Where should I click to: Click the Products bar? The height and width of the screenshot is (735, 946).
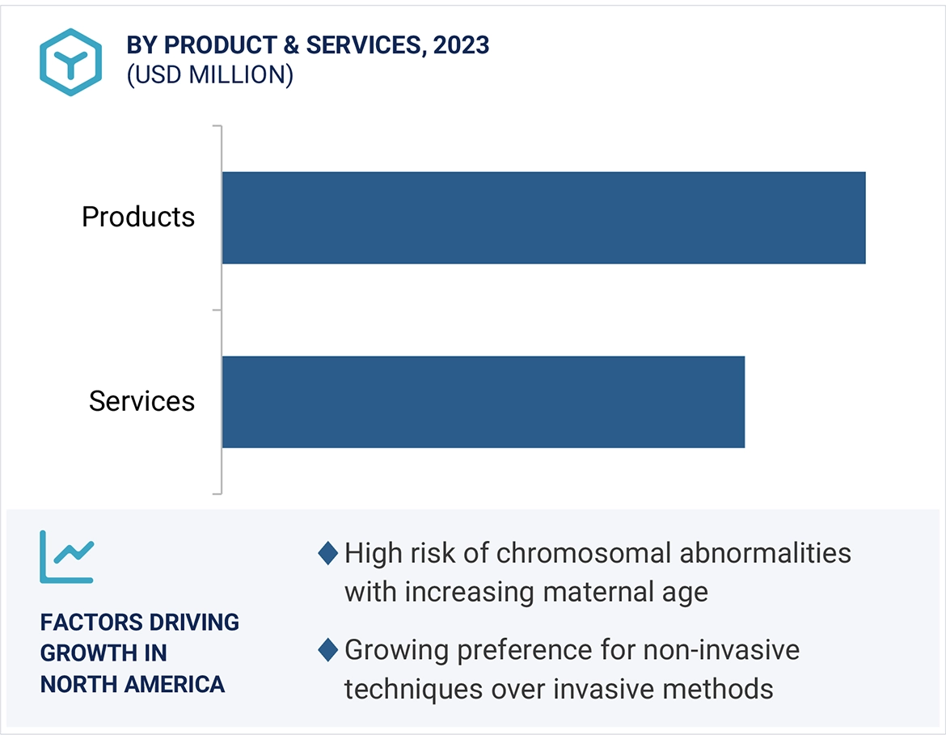[543, 218]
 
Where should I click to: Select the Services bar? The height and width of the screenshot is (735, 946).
[483, 402]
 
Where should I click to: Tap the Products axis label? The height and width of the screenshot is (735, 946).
[138, 217]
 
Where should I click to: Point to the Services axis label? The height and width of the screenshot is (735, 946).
[141, 401]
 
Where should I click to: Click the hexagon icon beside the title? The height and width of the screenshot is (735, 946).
[71, 62]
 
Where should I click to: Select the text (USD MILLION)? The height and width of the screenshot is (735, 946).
[209, 75]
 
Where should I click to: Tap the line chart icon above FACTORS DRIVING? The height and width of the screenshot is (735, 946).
[67, 557]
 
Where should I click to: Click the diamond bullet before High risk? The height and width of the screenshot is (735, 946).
[327, 554]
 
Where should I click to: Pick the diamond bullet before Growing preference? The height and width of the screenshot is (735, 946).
[327, 649]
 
